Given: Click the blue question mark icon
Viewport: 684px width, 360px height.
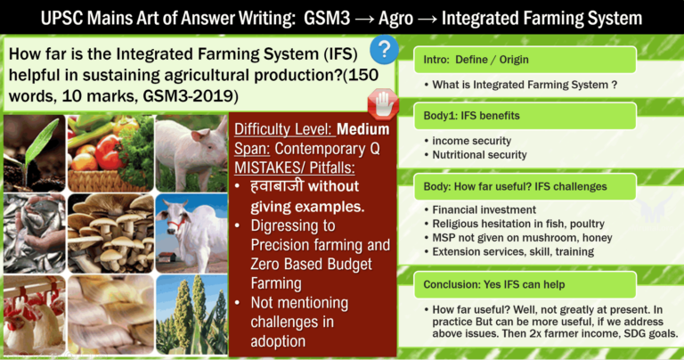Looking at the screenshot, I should tap(383, 49).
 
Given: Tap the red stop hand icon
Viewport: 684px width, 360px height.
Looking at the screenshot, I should tap(384, 101).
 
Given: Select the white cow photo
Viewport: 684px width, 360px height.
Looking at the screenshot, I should tap(190, 230).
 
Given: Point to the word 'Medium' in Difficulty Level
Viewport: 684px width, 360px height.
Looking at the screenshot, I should tap(363, 128).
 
